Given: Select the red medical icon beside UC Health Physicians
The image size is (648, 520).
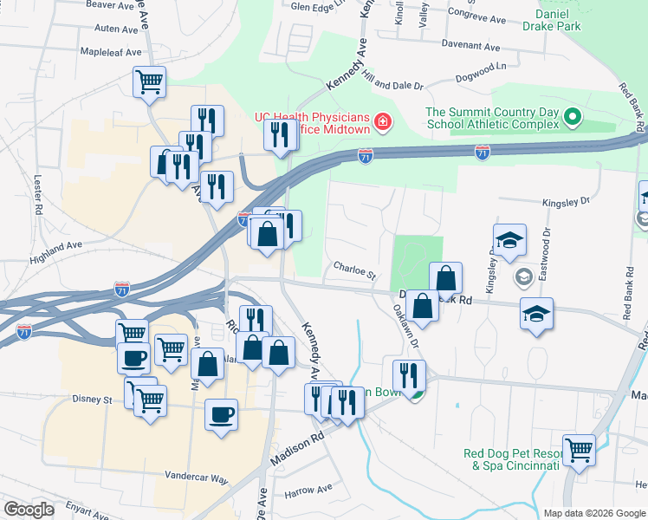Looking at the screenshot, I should (x=382, y=122).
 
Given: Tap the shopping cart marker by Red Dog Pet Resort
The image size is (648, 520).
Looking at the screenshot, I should (x=579, y=449).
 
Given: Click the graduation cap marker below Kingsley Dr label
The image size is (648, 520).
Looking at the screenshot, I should (x=510, y=241).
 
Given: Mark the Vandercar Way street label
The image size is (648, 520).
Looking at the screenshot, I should (x=196, y=478).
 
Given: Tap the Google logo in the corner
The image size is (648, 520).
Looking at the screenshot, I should (x=28, y=510).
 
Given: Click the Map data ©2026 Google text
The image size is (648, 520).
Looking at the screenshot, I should (x=593, y=513).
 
